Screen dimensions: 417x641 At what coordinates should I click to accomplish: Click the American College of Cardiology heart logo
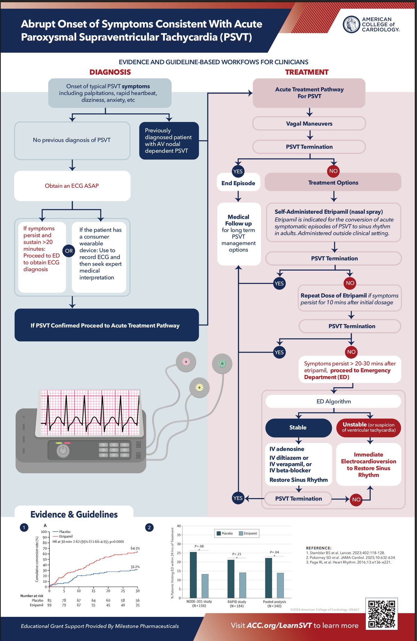(351, 24)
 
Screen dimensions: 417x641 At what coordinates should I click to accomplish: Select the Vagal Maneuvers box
(309, 124)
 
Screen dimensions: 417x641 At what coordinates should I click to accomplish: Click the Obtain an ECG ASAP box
(72, 186)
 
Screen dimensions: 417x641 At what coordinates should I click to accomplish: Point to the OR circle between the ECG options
(69, 251)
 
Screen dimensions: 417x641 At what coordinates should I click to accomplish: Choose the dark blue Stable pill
(298, 428)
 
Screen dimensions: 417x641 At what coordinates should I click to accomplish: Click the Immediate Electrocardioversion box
(368, 464)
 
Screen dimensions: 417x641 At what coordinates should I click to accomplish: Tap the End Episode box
(238, 183)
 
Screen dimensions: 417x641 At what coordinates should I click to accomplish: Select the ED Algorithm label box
(333, 401)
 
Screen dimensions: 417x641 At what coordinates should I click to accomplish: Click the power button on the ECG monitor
(63, 451)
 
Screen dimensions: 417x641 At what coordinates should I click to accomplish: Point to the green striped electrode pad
(222, 363)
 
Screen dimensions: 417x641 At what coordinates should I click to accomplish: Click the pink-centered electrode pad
(186, 362)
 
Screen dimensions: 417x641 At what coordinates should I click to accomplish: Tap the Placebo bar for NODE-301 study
(193, 575)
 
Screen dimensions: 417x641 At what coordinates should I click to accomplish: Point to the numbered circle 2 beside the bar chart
(149, 527)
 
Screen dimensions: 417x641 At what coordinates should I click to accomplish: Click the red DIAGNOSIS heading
(110, 72)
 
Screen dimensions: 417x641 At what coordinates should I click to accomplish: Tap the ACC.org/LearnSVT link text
(279, 625)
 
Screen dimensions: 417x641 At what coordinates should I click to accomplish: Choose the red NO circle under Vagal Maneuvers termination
(333, 171)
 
